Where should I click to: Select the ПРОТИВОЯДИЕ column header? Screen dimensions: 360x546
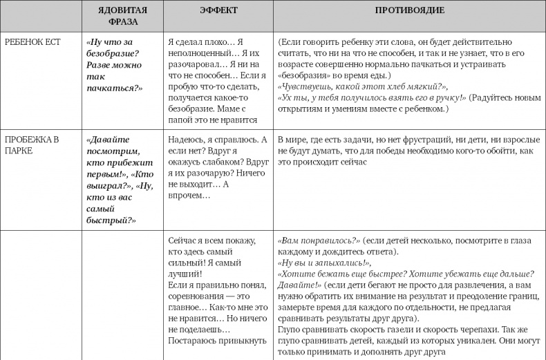point(409,10)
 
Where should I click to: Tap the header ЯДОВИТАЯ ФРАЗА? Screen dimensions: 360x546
point(123,16)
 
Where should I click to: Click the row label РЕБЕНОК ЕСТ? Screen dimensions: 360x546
point(32,42)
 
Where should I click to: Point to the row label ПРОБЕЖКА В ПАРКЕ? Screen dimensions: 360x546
point(32,144)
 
